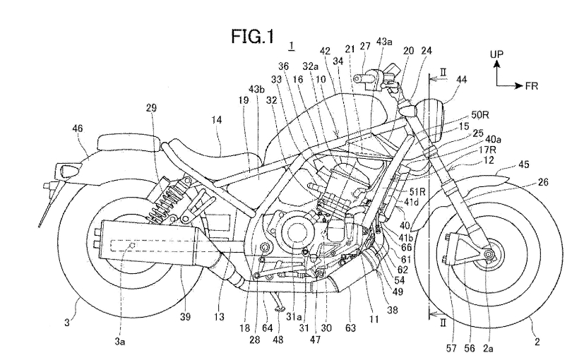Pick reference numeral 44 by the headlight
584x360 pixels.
461,81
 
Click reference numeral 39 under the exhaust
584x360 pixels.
184,316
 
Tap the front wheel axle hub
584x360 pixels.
488,253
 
